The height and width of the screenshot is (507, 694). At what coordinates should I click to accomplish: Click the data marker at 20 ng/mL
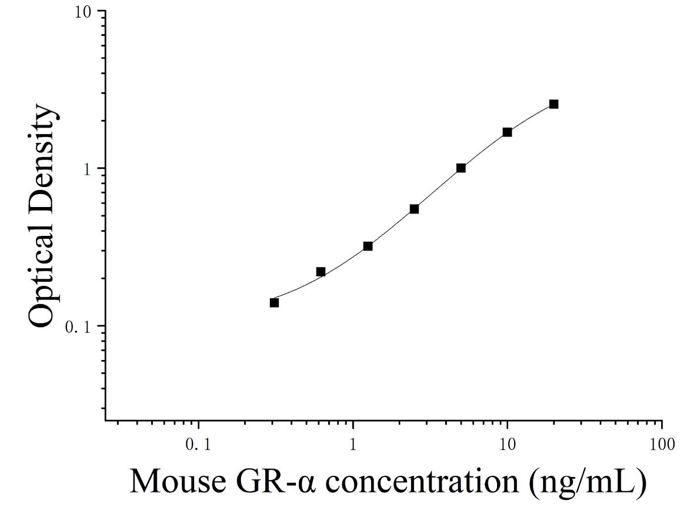[553, 104]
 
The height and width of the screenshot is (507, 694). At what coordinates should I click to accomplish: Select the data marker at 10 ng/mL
[507, 132]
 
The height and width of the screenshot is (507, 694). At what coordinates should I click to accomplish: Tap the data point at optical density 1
[461, 168]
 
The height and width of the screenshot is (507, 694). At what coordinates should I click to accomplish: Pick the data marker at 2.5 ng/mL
[414, 209]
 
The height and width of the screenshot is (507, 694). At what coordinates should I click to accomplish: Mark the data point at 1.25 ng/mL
[368, 246]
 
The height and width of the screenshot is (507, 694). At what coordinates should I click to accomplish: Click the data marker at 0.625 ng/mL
[321, 271]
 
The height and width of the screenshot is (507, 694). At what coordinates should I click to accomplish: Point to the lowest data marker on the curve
[275, 302]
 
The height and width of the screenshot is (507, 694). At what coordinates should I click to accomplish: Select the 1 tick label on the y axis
[88, 169]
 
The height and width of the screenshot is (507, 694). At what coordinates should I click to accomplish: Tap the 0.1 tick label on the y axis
[78, 327]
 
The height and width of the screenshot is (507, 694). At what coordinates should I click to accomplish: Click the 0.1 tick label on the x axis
[198, 444]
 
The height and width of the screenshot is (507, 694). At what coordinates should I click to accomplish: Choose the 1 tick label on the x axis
[353, 444]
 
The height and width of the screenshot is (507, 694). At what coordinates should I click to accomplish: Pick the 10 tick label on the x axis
[507, 444]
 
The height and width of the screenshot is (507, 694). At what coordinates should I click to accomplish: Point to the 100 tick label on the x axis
[662, 444]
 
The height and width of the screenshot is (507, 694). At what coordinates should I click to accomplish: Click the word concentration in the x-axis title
[423, 481]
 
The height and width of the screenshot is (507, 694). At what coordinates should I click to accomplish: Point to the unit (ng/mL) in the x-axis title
[588, 482]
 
